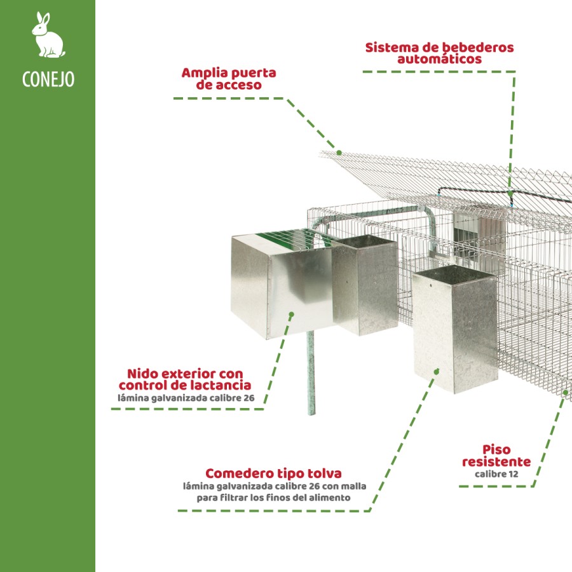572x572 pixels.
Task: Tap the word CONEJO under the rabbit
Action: (x=48, y=79)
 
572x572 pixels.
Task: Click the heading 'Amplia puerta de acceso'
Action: (x=229, y=78)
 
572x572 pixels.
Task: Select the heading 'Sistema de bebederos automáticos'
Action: (x=439, y=53)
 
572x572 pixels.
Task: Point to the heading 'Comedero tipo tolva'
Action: (x=273, y=473)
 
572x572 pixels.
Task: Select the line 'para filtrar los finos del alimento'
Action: (x=273, y=498)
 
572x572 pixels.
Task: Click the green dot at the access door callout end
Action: (x=339, y=153)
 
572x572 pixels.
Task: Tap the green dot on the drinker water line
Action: (x=510, y=191)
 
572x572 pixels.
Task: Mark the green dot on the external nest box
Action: (x=292, y=313)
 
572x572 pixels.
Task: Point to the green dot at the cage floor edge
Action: (x=565, y=393)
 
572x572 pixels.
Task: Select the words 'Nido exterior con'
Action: (x=184, y=373)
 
